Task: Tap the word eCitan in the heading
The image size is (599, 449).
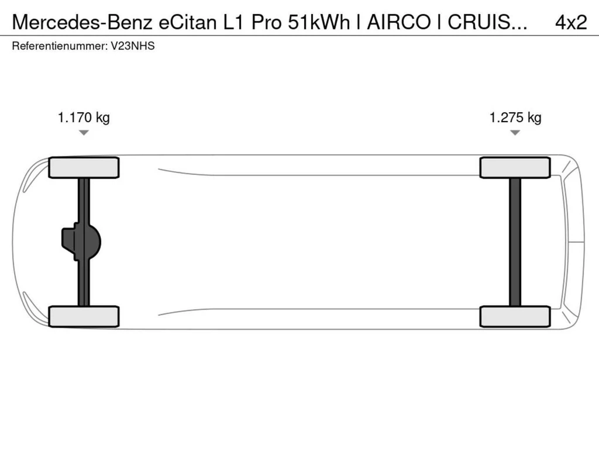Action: click(x=180, y=22)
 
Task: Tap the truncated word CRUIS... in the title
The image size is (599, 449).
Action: click(x=489, y=22)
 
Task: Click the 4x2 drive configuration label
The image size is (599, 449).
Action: click(x=570, y=22)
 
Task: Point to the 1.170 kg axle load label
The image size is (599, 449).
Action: click(x=84, y=118)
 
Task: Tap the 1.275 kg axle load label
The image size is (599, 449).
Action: click(x=515, y=118)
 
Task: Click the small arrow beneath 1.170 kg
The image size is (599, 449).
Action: click(x=84, y=133)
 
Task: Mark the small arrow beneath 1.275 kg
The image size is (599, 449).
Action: click(x=515, y=133)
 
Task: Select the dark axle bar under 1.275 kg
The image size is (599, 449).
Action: click(x=515, y=241)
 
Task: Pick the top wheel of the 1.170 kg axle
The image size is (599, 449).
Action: click(x=84, y=168)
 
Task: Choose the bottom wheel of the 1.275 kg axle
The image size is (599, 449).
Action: click(x=515, y=316)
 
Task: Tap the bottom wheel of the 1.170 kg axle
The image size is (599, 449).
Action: click(x=84, y=316)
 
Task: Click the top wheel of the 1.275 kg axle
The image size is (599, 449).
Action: click(x=515, y=168)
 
